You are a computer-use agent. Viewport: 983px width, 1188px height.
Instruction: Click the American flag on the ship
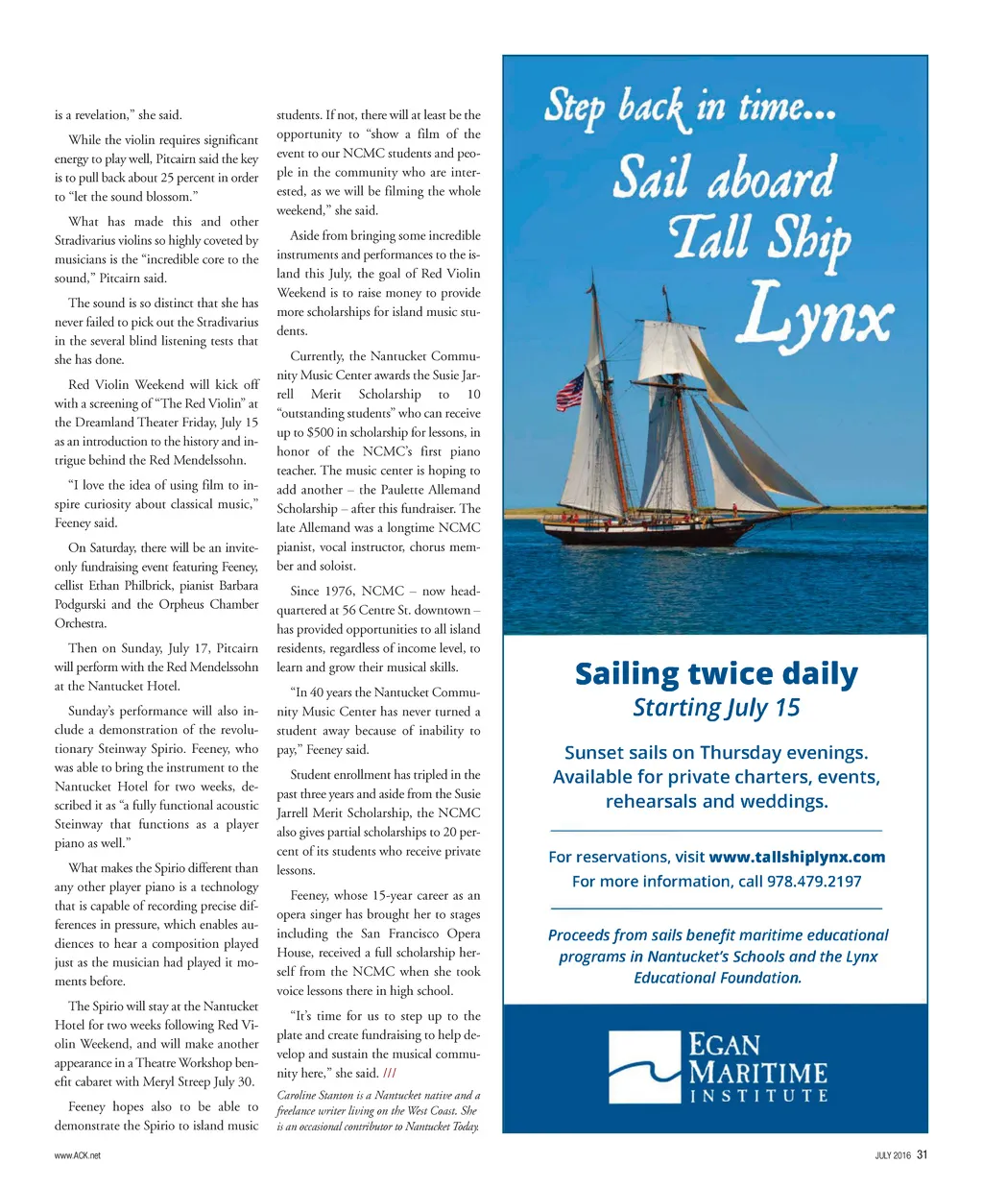click(x=570, y=391)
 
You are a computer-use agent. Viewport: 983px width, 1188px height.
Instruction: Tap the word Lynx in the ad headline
click(x=818, y=312)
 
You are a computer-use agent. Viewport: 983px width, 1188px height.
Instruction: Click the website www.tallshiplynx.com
click(x=797, y=857)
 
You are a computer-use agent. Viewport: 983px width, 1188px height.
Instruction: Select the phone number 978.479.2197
click(x=813, y=881)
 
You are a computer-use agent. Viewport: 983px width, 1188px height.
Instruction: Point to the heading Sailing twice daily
click(x=716, y=674)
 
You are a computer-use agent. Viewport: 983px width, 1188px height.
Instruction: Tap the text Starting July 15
click(x=716, y=708)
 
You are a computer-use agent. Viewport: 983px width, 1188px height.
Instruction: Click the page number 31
click(x=922, y=1155)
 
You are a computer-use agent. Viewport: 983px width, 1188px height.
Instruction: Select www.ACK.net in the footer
click(x=78, y=1156)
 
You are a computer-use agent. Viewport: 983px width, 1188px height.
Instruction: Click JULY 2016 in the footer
click(x=893, y=1156)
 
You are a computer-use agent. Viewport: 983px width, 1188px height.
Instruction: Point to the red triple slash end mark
click(x=389, y=1074)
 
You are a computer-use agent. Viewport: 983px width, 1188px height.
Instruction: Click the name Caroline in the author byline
click(x=298, y=1095)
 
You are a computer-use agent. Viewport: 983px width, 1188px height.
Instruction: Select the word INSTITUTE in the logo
click(x=758, y=1095)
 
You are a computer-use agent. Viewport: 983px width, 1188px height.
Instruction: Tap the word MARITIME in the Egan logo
click(x=758, y=1072)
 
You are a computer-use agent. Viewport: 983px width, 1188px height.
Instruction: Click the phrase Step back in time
click(x=689, y=107)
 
